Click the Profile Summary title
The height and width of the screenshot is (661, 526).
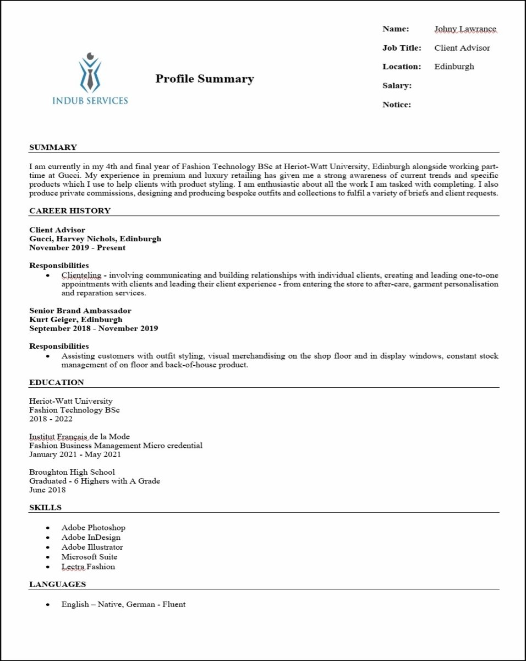(x=205, y=79)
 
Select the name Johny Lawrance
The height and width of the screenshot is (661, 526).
(x=465, y=29)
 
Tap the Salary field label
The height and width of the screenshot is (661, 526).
(x=397, y=86)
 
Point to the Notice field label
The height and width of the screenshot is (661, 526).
(x=397, y=105)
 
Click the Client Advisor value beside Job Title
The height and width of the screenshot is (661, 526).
(x=462, y=48)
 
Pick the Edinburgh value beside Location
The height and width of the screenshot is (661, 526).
(x=454, y=67)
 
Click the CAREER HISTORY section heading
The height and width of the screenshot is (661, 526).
(x=70, y=210)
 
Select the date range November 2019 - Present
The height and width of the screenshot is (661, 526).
(x=77, y=248)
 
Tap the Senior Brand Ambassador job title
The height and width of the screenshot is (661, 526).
(x=80, y=311)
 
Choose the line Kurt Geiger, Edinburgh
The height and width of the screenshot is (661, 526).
(x=76, y=319)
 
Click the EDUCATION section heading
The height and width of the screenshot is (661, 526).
(x=57, y=382)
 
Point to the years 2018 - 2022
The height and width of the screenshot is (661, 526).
(x=51, y=419)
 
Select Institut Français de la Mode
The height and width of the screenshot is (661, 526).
(x=79, y=437)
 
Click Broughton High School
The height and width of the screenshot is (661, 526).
(x=72, y=472)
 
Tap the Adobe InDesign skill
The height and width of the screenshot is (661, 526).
(x=91, y=538)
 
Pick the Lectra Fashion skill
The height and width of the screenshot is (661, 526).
(x=88, y=567)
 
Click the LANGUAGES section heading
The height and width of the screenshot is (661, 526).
(x=57, y=584)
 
